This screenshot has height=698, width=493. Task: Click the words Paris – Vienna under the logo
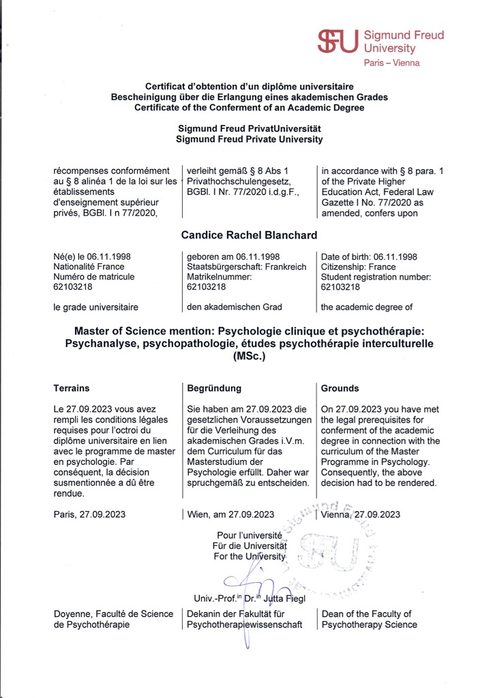(x=391, y=63)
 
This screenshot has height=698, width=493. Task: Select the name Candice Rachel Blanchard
(x=249, y=234)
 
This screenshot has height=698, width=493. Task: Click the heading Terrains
(x=72, y=388)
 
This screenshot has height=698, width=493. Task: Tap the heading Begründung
(x=214, y=388)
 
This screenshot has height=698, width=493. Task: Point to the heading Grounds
(x=340, y=388)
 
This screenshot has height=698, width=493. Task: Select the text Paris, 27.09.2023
(x=89, y=514)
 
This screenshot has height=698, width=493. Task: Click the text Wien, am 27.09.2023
(x=230, y=515)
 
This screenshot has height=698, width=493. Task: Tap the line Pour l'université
(x=250, y=536)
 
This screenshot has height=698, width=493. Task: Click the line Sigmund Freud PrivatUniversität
(x=249, y=128)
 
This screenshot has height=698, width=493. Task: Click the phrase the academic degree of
(x=367, y=307)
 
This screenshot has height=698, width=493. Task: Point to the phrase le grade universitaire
(x=96, y=307)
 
